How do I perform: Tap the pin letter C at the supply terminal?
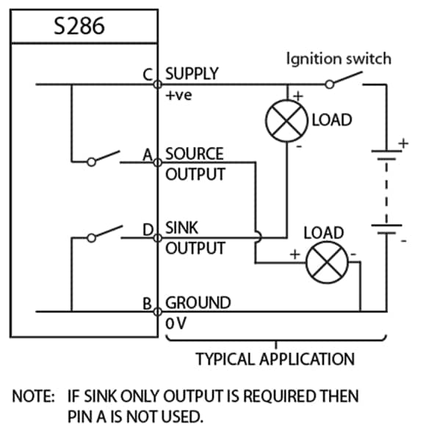147,74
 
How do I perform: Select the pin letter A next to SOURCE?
147,155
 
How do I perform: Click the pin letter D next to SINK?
147,230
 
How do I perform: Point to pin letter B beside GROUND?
147,303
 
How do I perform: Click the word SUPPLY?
192,73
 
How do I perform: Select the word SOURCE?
195,154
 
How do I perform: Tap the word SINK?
181,229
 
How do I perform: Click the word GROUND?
198,302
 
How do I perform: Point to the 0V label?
177,322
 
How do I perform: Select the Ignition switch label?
339,58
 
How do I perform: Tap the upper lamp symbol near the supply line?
286,121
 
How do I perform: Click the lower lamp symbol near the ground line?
325,263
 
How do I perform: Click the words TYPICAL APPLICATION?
275,359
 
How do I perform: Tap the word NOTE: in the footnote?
33,397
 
